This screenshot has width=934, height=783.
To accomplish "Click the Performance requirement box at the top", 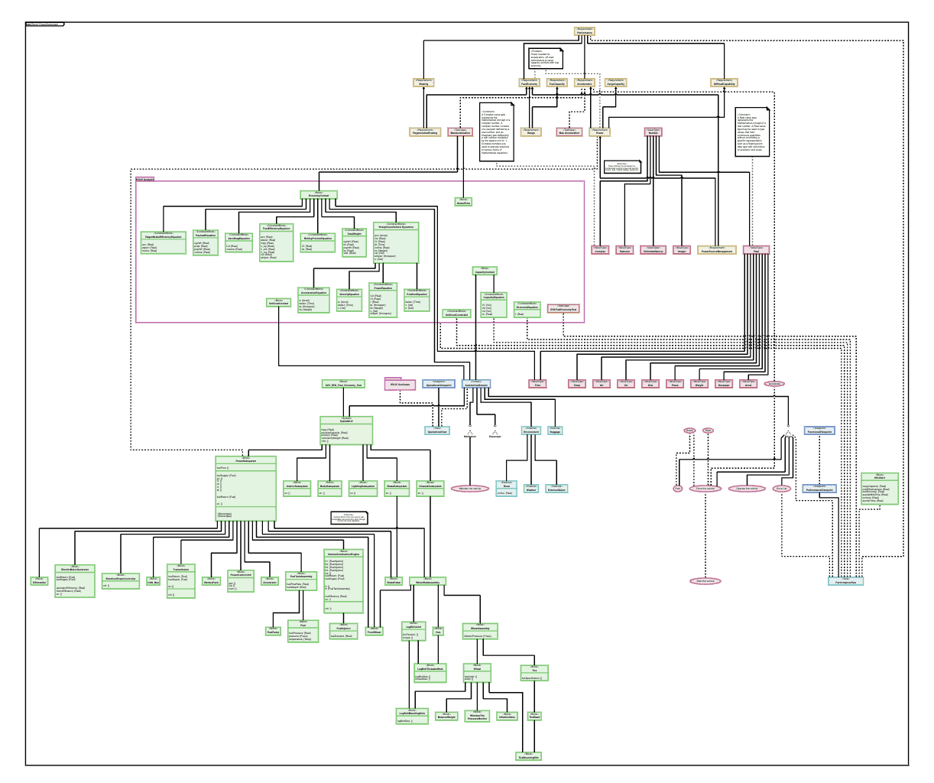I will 585,32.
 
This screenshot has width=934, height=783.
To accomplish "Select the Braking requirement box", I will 423,82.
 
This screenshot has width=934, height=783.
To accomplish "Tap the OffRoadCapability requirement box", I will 724,83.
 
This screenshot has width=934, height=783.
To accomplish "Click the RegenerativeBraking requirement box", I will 426,132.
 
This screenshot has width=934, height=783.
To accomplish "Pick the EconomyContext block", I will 319,195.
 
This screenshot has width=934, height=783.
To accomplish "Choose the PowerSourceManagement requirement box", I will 717,250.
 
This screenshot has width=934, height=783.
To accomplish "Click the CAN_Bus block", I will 154,581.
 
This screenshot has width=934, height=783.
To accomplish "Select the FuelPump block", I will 273,631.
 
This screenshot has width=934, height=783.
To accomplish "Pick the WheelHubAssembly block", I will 427,581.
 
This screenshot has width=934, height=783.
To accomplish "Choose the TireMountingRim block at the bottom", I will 527,756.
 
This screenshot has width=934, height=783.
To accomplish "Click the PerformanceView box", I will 846,581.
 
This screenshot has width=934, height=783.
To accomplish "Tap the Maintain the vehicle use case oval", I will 469,488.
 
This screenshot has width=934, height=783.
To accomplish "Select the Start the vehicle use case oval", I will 705,581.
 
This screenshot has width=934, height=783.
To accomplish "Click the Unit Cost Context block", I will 279,303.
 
